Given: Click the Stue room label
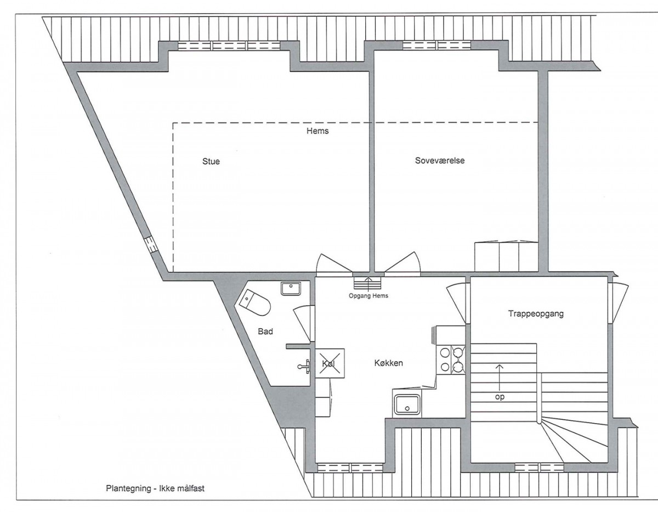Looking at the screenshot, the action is coord(211,161).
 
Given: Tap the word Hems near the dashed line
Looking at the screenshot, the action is coord(317,131).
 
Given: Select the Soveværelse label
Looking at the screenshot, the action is coord(440,160).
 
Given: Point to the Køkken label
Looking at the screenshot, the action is coord(389,363).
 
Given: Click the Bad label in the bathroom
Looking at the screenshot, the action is coord(265,331).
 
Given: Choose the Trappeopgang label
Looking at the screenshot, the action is coord(536,313).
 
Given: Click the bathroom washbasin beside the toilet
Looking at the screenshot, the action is coord(291,289).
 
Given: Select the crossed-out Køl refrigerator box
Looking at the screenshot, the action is coord(330,363).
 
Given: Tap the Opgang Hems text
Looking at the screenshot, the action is coord(368,296).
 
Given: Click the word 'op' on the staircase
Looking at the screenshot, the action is coord(500,397).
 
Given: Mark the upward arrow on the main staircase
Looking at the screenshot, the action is coord(500,377).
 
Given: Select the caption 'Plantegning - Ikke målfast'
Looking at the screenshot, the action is coord(155,488).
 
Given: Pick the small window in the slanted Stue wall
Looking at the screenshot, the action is coord(151,245).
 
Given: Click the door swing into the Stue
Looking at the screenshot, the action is coord(332,264).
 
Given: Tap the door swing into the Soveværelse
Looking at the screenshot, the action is coord(402,263).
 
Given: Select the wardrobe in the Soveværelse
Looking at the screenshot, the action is coord(506,256).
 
